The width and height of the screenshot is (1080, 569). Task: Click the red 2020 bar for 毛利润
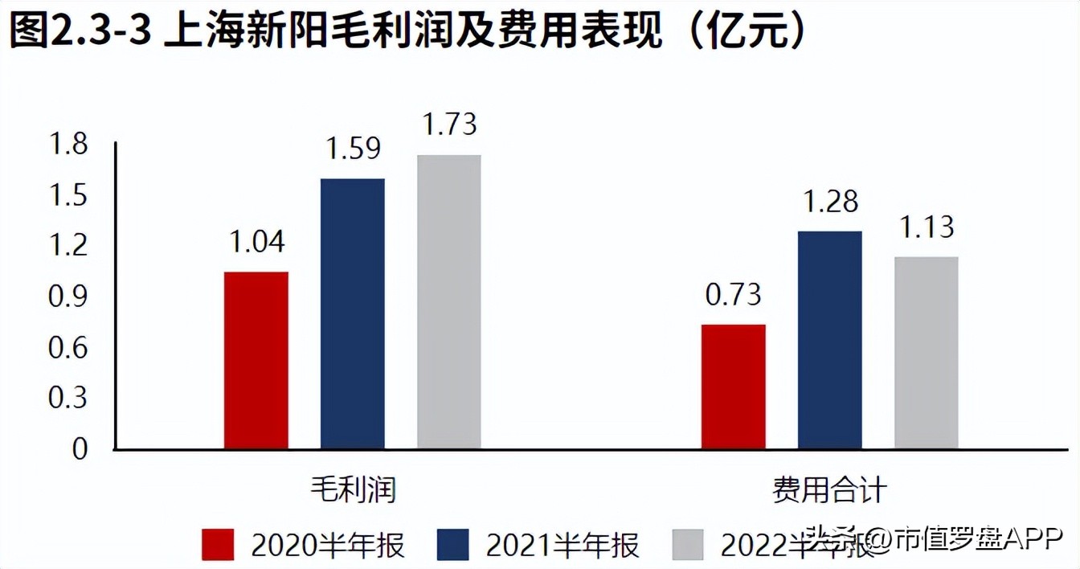point(256,360)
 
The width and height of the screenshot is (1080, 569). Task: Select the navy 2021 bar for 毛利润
point(352,313)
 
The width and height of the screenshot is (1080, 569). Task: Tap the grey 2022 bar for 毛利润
point(448,301)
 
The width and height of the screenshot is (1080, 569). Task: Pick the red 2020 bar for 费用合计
point(733,387)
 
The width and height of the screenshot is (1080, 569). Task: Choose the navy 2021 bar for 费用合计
point(829,340)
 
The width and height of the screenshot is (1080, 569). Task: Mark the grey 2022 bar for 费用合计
point(926,353)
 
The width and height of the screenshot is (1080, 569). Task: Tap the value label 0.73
point(733,295)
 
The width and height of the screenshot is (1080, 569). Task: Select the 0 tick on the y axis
point(80,449)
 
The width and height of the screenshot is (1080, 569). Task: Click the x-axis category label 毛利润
point(353,489)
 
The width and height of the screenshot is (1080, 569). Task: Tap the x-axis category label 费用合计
point(829,489)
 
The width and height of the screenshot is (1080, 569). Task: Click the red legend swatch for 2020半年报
point(218,545)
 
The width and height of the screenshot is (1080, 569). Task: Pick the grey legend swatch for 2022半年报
point(687,545)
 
